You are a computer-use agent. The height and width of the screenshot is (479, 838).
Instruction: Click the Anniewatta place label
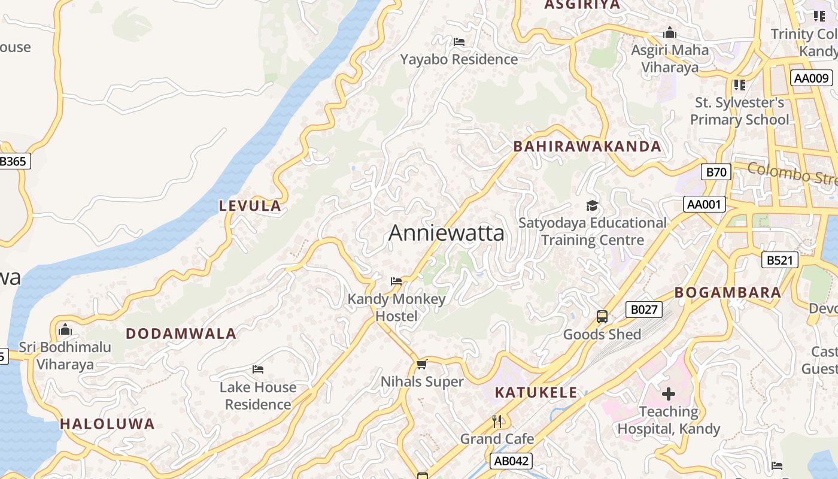[447, 233]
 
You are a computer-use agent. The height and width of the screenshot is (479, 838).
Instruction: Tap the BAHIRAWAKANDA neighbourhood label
[587, 147]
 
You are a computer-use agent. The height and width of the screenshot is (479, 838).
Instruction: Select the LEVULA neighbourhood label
[250, 206]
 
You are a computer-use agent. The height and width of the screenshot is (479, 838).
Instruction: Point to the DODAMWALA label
[181, 334]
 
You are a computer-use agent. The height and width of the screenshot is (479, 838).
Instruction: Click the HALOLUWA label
[107, 425]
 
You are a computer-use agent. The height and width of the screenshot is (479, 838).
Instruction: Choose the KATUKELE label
[536, 393]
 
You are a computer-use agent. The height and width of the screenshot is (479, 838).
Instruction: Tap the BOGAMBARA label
[727, 293]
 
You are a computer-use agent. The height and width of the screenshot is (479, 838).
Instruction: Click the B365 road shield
[13, 161]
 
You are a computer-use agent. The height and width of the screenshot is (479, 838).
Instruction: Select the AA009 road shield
[812, 78]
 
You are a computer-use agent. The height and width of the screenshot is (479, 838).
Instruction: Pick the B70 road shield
[716, 172]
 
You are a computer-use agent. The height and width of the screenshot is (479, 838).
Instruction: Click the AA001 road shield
[704, 205]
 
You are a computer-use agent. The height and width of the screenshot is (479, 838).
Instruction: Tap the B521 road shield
[780, 260]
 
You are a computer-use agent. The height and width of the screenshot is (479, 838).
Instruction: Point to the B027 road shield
[644, 310]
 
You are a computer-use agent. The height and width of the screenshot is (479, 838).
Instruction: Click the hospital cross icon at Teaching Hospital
[669, 394]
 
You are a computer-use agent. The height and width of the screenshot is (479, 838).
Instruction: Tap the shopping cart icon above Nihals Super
[422, 364]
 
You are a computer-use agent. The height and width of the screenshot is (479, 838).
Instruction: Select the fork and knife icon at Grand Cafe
[497, 421]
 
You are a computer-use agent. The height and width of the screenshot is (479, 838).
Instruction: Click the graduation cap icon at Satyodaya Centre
[592, 206]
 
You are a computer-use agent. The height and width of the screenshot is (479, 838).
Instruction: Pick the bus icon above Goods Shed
[602, 317]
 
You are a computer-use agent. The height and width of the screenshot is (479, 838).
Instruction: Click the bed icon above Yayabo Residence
[459, 42]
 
